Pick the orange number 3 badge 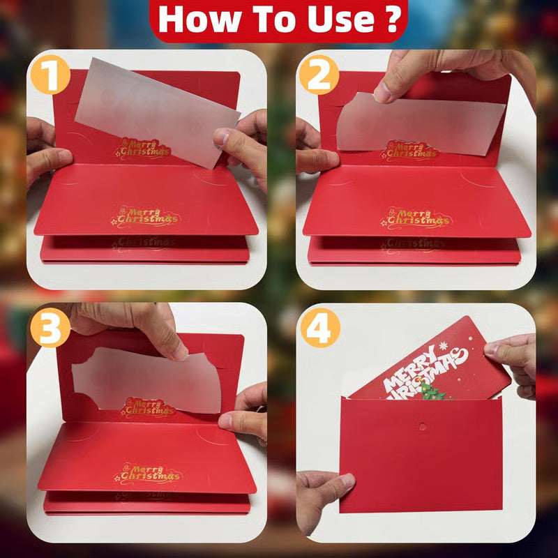tap(50, 330)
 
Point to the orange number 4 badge tap(318, 330)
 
